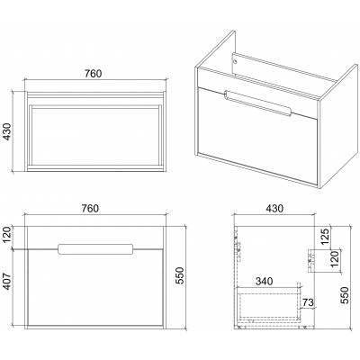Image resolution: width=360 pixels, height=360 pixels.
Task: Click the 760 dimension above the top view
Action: point(93,74)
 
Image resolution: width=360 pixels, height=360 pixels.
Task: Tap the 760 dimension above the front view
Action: point(90,208)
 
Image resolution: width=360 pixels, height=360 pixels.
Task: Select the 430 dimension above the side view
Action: point(274,208)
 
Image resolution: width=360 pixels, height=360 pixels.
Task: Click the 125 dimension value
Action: point(326,236)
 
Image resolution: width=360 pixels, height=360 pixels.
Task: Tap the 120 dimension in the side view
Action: point(335,258)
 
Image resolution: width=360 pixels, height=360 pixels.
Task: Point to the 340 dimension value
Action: point(264,282)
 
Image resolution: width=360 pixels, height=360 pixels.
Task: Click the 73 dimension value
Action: point(308,302)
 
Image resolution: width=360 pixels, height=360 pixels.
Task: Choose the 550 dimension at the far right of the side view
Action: point(345,295)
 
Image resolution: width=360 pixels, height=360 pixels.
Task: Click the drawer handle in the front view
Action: point(95,249)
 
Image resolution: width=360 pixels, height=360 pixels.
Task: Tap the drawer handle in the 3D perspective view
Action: point(257,103)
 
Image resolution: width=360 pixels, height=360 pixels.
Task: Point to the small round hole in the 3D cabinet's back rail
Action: point(235,62)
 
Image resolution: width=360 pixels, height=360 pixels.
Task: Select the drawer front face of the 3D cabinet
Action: point(257,137)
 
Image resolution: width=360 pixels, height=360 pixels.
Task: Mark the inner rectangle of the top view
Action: point(95,134)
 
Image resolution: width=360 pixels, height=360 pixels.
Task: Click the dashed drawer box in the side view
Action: point(268,302)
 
